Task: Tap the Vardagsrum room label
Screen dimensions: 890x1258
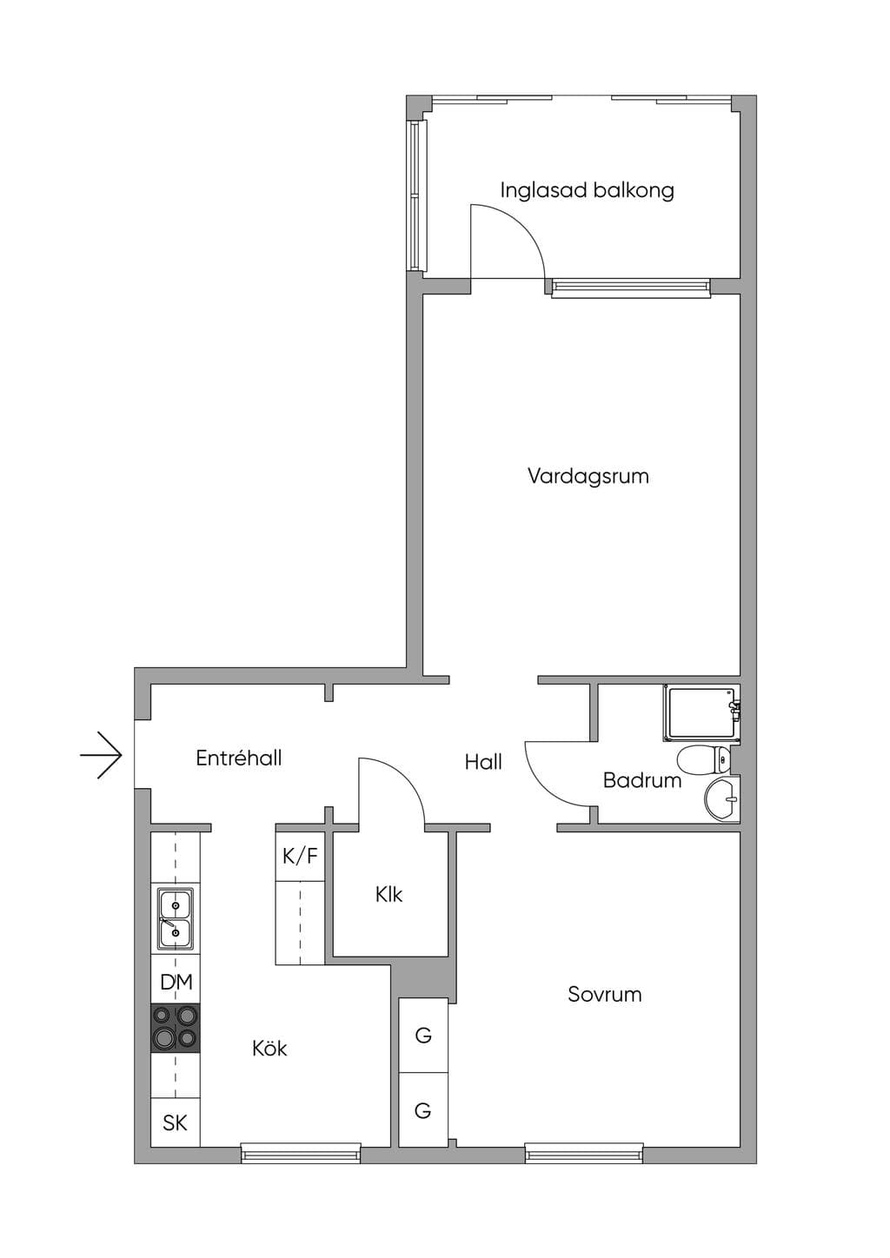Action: [x=588, y=476]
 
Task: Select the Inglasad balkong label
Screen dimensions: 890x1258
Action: [x=588, y=189]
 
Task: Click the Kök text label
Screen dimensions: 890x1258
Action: [x=269, y=1048]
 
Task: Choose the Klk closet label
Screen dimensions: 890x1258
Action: [x=389, y=895]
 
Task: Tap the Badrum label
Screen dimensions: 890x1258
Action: [x=642, y=780]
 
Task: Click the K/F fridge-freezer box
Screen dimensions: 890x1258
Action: [x=300, y=856]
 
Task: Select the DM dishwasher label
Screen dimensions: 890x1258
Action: [x=176, y=982]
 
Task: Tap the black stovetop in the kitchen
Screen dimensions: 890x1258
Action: [x=176, y=1028]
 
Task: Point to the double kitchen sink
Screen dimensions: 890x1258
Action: [x=176, y=918]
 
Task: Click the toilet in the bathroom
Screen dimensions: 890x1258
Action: [x=703, y=760]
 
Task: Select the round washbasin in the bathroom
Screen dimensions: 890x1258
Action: [x=721, y=798]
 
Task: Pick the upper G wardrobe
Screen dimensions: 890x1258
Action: [x=423, y=1035]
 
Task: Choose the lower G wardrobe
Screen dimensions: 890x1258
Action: [x=423, y=1109]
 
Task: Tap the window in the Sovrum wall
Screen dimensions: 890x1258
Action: [x=584, y=1154]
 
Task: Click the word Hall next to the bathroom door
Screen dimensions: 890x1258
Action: [x=483, y=762]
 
